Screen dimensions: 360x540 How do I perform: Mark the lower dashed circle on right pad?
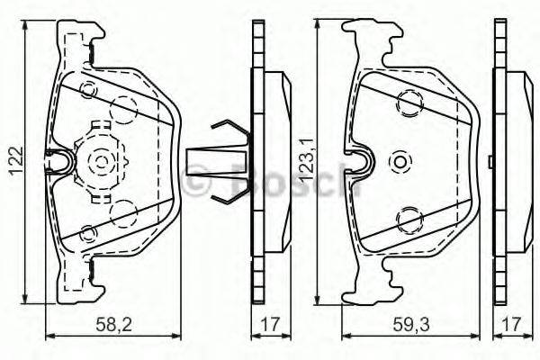click(x=409, y=217)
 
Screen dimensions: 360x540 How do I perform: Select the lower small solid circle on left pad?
click(x=87, y=233)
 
